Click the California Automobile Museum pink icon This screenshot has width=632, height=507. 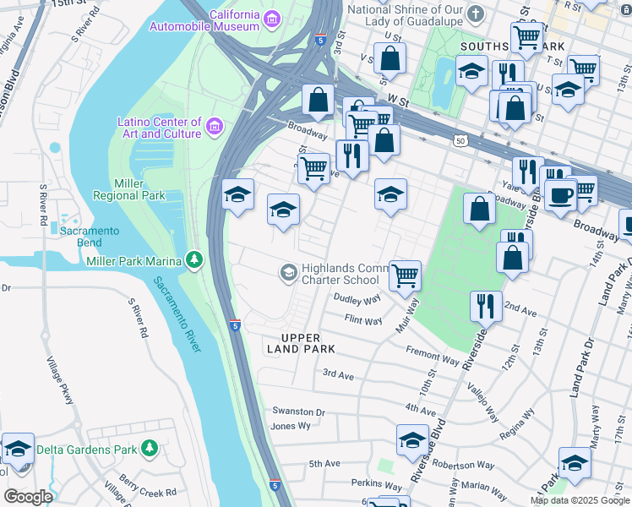point(272,18)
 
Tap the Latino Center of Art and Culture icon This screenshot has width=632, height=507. point(215,128)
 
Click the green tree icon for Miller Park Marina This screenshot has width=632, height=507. point(195,259)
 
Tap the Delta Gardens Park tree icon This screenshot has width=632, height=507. point(150,447)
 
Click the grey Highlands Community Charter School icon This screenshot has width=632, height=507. point(287,271)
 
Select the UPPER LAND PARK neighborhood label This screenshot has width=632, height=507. point(302,342)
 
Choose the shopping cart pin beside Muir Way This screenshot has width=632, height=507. point(406,275)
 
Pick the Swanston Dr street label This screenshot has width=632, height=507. point(298,412)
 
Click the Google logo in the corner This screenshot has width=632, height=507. point(28,497)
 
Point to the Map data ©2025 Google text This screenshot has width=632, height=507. point(579,500)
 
